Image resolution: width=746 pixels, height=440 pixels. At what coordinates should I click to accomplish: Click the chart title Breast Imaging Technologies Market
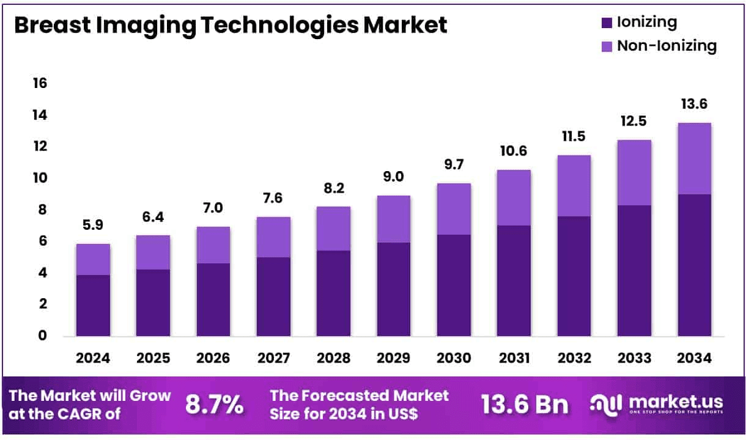[x=231, y=25]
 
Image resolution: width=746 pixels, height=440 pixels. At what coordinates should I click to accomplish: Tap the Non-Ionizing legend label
[x=667, y=46]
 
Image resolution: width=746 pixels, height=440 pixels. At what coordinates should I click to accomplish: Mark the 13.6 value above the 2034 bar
[x=694, y=105]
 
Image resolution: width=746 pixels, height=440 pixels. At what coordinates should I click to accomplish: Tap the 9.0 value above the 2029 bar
[x=393, y=177]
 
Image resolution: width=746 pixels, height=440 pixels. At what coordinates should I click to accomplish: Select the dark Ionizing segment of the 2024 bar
[x=94, y=305]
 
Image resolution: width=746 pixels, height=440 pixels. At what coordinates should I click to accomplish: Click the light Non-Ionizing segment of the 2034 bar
[x=694, y=158]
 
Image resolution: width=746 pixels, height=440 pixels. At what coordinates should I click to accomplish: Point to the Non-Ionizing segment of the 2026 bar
[x=213, y=244]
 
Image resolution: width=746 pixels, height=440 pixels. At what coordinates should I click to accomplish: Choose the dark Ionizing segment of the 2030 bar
[x=453, y=285]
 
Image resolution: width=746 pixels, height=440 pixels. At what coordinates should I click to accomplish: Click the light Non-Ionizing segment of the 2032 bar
[x=574, y=185]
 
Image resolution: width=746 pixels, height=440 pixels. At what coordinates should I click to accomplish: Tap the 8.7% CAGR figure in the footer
[x=214, y=404]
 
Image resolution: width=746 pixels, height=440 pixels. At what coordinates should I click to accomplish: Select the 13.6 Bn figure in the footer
[x=524, y=404]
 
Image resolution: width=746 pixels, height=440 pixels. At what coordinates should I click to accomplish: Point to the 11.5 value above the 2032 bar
[x=574, y=136]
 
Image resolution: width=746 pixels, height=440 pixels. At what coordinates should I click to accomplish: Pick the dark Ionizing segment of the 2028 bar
[x=333, y=293]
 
